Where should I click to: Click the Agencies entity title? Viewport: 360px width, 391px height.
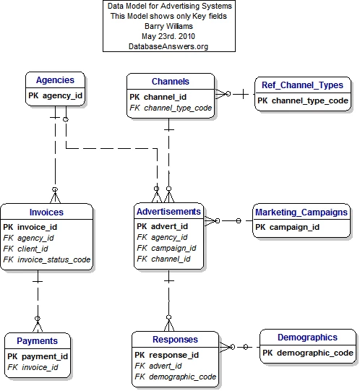click(55, 80)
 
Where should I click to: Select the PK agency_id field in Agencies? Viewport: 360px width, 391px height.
click(55, 95)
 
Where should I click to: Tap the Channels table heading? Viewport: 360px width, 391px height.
click(171, 82)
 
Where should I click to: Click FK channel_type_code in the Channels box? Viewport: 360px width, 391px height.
click(171, 108)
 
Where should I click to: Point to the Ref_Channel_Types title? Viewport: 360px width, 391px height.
click(302, 85)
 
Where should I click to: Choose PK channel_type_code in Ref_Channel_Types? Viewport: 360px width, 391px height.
click(303, 100)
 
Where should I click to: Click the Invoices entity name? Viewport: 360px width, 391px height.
click(46, 212)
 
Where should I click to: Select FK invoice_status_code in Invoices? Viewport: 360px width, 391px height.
click(47, 259)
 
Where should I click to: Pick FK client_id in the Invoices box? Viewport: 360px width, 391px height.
click(25, 249)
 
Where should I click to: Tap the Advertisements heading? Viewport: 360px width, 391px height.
click(168, 212)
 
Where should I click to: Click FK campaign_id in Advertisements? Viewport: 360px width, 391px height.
click(166, 248)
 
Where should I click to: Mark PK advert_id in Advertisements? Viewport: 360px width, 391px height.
click(162, 226)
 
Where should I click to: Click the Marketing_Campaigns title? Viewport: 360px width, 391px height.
click(301, 212)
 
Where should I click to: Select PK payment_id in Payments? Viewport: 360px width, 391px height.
click(38, 356)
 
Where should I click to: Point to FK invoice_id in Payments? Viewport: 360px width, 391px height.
click(33, 367)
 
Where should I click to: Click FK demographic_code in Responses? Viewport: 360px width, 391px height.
click(176, 377)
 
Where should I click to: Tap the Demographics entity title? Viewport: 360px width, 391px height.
click(308, 338)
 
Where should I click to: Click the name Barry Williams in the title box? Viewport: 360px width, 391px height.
click(169, 26)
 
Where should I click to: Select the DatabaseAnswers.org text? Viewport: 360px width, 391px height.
click(168, 46)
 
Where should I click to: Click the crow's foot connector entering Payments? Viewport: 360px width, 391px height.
click(38, 325)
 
